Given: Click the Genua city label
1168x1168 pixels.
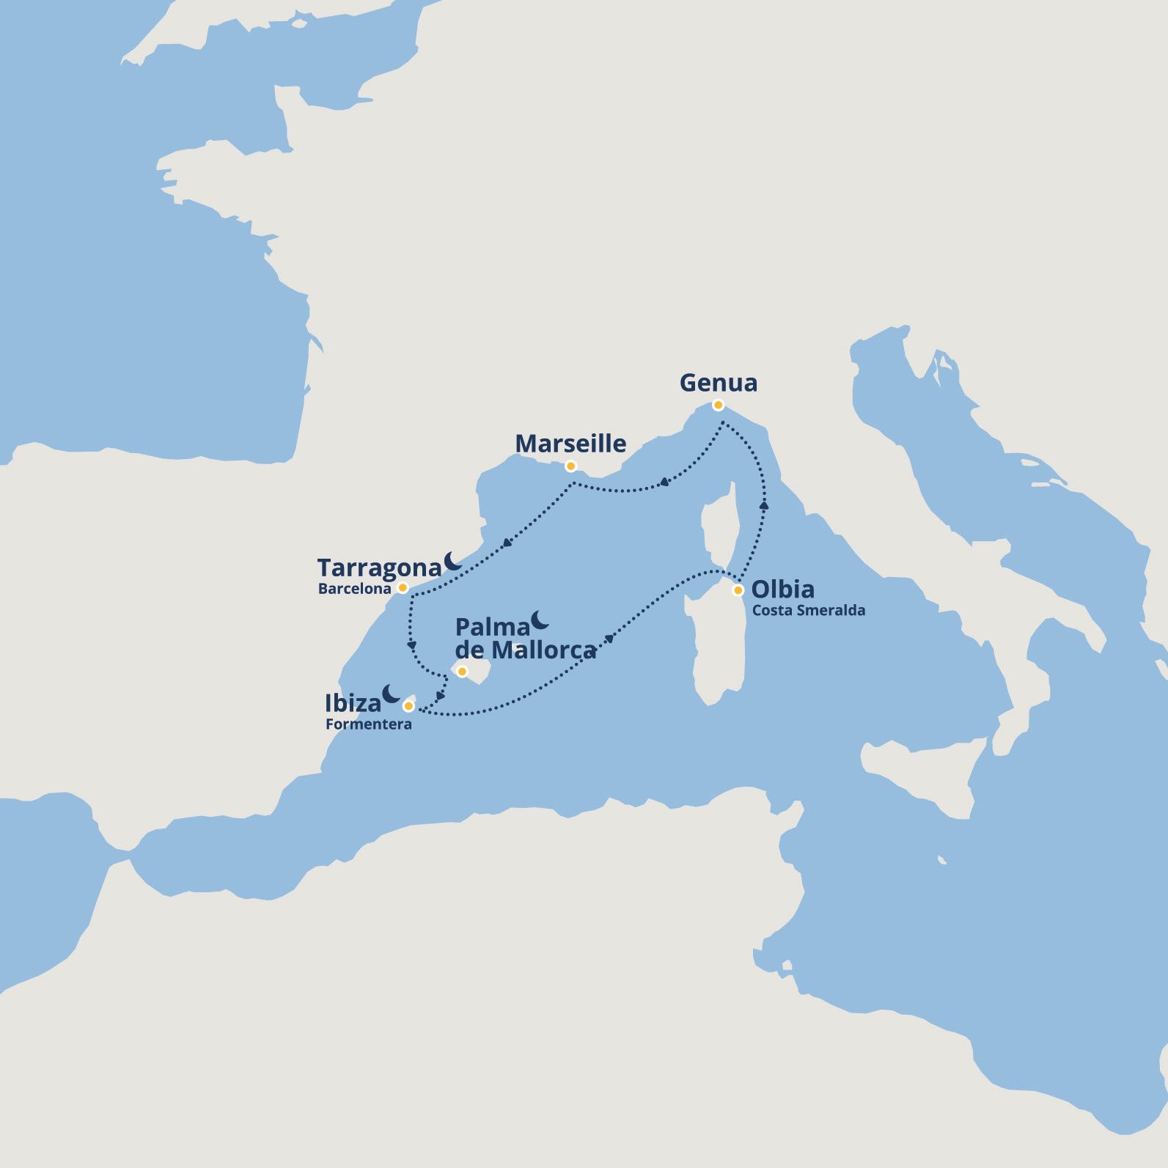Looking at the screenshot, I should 719,383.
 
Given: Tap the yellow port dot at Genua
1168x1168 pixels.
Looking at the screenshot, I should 719,405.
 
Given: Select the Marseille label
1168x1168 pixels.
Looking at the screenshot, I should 570,444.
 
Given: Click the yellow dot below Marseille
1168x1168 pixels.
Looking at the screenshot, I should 570,466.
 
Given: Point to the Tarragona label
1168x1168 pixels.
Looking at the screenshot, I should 380,568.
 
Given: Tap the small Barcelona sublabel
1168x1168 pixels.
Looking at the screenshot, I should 355,589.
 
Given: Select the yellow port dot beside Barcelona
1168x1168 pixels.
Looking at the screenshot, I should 403,588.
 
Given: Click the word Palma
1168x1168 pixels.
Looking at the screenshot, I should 492,628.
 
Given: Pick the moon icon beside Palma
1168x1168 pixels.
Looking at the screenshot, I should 540,620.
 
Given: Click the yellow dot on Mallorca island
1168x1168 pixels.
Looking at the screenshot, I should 462,671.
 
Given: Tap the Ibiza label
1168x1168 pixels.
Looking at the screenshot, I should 353,704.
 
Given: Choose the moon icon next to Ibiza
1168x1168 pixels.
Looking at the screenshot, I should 391,694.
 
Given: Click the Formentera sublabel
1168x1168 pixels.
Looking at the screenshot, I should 368,725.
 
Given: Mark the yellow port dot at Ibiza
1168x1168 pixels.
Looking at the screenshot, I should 408,706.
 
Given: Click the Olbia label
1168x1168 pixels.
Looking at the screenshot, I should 783,589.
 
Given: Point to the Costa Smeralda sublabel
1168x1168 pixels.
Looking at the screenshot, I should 808,611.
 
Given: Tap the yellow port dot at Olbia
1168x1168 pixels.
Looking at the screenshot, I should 738,589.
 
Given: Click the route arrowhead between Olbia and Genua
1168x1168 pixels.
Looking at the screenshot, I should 765,505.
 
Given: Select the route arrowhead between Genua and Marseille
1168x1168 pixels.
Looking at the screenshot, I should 664,482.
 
